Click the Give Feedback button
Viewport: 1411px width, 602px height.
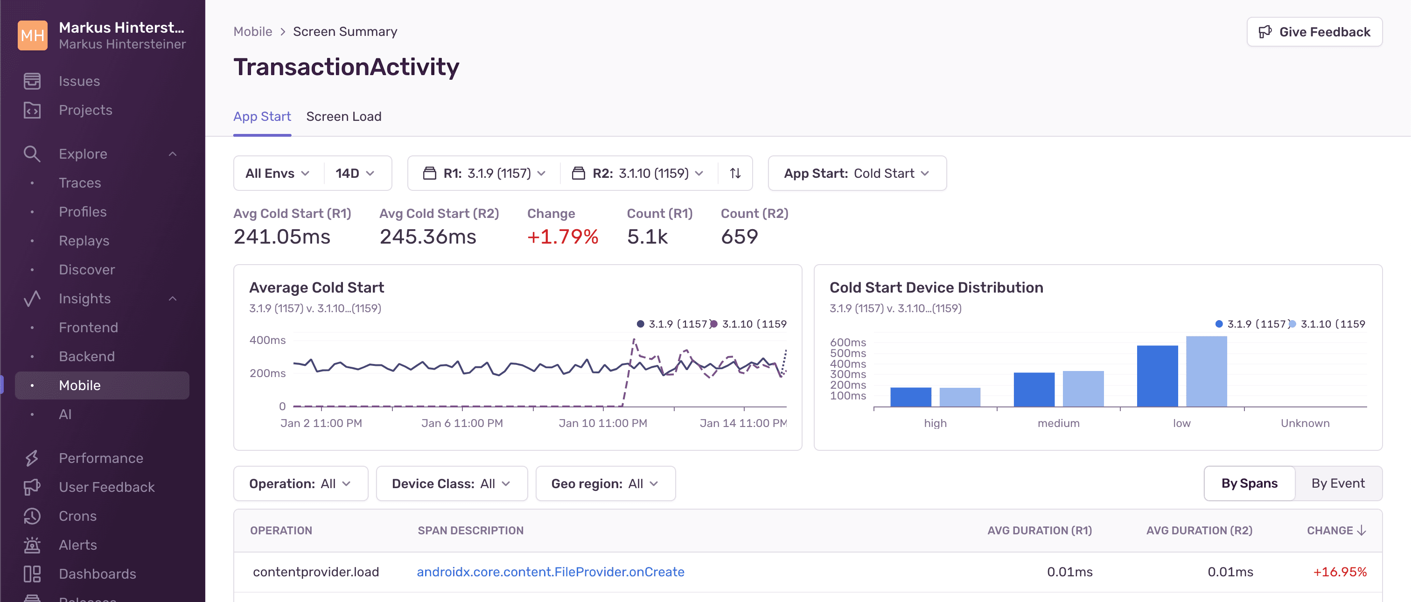(1314, 32)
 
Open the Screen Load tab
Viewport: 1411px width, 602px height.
(343, 117)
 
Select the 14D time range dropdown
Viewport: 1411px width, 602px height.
(355, 174)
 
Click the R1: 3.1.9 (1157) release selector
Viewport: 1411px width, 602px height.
(486, 174)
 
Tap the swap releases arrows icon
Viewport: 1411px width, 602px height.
(735, 174)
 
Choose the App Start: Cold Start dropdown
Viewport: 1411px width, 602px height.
(857, 174)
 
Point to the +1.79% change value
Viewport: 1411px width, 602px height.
(563, 237)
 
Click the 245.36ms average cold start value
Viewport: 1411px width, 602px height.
(428, 237)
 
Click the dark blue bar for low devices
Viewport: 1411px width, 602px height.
(1157, 376)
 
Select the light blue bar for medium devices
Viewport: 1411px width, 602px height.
(1083, 388)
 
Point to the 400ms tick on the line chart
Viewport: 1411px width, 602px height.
(267, 340)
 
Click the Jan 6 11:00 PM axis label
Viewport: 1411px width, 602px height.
(462, 423)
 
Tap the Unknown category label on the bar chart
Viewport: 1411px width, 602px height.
(1304, 423)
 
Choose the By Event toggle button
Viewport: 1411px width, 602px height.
(1338, 483)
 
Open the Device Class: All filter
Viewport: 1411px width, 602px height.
(451, 483)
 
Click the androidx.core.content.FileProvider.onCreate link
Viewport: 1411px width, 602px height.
(550, 572)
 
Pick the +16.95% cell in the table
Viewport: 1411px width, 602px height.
(1339, 572)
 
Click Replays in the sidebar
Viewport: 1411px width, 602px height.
(84, 241)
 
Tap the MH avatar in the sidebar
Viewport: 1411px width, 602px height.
(32, 35)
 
